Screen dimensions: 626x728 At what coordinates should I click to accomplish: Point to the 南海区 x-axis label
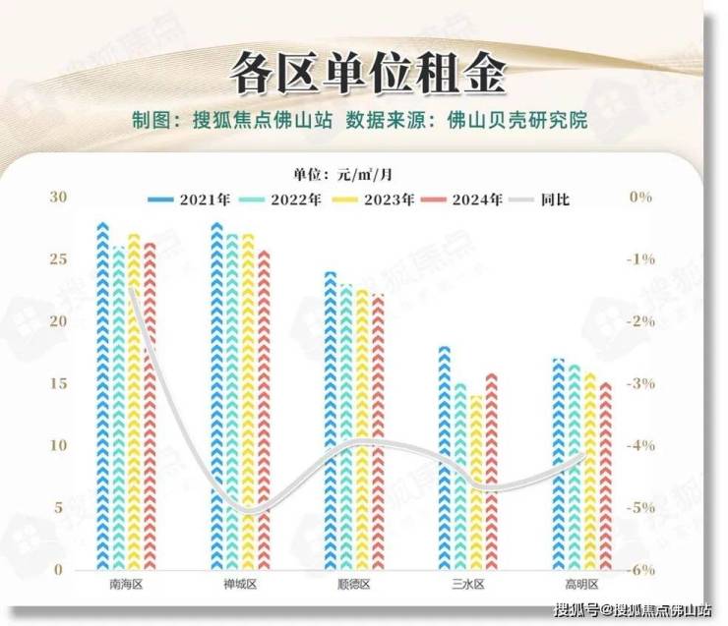[x=126, y=585]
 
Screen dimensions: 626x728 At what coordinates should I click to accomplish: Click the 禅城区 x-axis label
[x=239, y=585]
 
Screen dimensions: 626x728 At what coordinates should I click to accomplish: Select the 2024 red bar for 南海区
[x=150, y=406]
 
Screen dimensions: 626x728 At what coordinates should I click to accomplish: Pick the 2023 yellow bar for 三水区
[x=476, y=483]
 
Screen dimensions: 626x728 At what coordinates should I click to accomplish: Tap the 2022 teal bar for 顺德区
[x=346, y=427]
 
